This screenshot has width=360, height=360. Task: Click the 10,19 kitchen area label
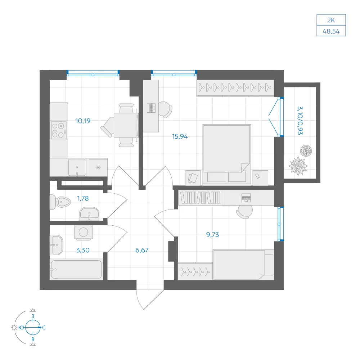tap(83, 121)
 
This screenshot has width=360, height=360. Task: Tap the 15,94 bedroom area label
tap(180, 136)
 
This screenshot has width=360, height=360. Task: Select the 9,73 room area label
tap(213, 235)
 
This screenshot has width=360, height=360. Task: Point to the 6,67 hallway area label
tap(142, 250)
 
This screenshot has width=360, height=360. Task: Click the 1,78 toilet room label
tap(83, 198)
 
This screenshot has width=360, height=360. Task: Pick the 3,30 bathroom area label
tap(83, 250)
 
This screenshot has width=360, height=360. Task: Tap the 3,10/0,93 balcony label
tap(300, 121)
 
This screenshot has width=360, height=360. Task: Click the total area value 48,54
tap(331, 31)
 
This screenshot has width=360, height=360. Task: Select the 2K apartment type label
tap(331, 20)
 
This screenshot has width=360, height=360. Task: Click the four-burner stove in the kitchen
tap(59, 130)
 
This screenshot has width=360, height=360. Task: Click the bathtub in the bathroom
tap(76, 269)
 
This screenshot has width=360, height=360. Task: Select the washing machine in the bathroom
tap(84, 232)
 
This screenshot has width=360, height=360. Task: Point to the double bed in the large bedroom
tap(226, 154)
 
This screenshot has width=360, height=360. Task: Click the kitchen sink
tap(77, 167)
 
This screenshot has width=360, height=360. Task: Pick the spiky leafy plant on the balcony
tap(298, 166)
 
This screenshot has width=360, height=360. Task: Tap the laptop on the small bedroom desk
tap(246, 198)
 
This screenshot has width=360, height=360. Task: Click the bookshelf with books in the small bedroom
tap(200, 198)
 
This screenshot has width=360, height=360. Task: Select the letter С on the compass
tap(44, 328)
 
